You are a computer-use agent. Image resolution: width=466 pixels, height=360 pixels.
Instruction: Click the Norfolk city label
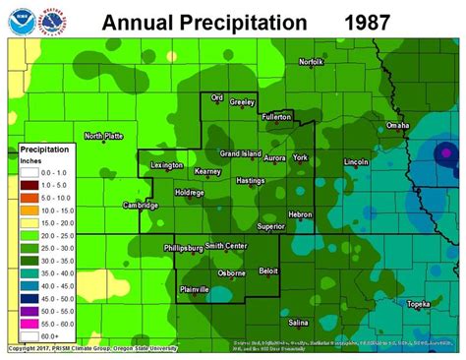coord(311,62)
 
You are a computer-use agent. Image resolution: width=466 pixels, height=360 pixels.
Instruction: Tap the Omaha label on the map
coord(397,126)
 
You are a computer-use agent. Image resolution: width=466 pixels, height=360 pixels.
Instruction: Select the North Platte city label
coord(103,136)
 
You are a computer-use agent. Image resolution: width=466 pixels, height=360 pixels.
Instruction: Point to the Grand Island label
coord(239,154)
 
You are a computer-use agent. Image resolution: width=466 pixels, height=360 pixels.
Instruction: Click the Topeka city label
coord(419,304)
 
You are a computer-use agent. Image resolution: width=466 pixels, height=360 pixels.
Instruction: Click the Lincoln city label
coord(356,161)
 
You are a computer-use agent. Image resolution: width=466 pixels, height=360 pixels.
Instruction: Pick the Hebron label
coord(300,213)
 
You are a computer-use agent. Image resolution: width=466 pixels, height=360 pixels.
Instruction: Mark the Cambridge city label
coord(140,206)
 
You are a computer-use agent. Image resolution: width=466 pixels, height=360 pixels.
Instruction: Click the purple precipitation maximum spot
coord(445,152)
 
